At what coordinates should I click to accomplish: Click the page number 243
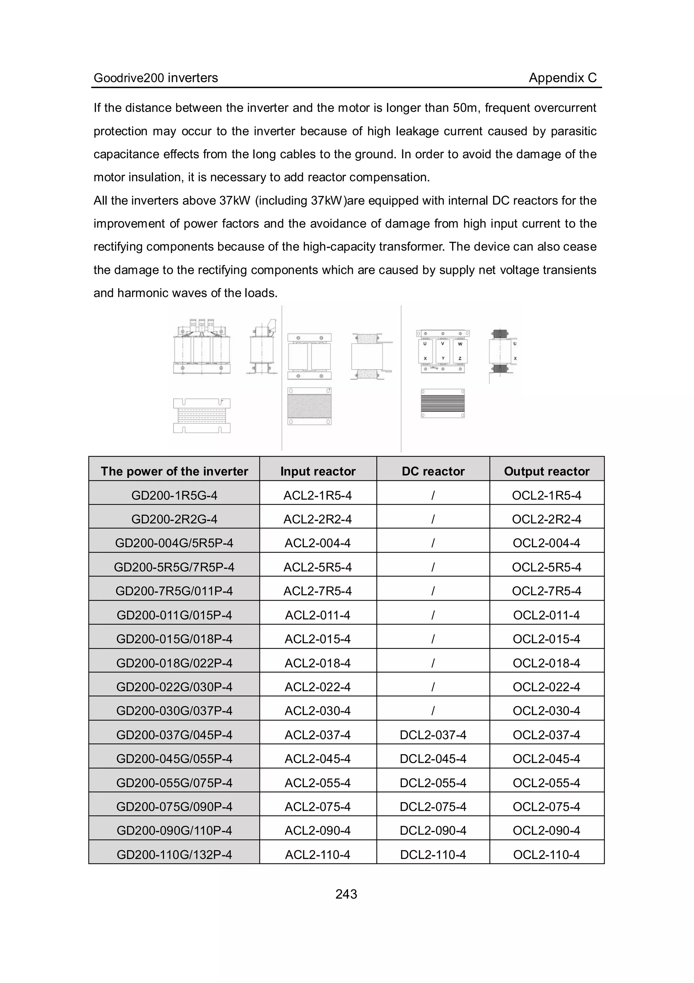[x=346, y=894]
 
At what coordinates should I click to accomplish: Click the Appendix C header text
[x=562, y=78]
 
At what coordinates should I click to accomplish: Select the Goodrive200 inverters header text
[x=156, y=78]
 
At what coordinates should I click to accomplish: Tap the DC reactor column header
[x=433, y=471]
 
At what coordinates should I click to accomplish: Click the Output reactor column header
[x=546, y=471]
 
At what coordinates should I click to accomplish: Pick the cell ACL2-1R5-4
[x=317, y=495]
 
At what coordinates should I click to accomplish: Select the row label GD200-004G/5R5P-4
[x=174, y=543]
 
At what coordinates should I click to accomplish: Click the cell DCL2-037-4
[x=433, y=735]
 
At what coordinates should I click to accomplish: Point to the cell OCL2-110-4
[x=546, y=855]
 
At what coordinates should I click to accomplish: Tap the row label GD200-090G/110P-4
[x=174, y=831]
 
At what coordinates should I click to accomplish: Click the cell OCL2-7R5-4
[x=546, y=591]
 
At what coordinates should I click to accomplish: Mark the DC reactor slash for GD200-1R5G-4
[x=433, y=495]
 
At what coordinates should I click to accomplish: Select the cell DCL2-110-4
[x=433, y=855]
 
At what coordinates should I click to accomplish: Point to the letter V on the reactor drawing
[x=443, y=343]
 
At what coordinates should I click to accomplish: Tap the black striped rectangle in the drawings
[x=443, y=403]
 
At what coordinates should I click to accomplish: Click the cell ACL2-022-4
[x=317, y=687]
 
